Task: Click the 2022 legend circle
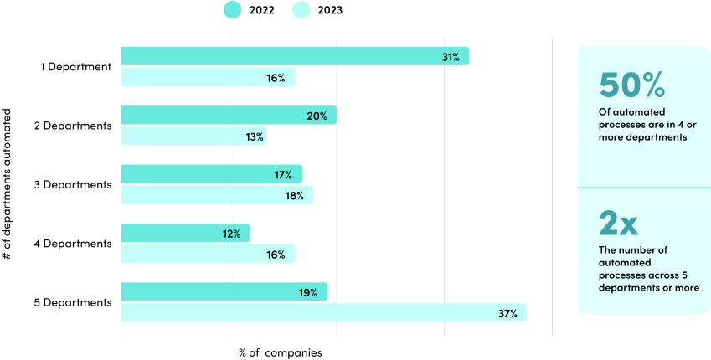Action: [x=232, y=10]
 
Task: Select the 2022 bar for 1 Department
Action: [x=295, y=56]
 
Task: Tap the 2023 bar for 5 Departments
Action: [x=323, y=313]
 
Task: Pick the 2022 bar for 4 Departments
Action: [x=185, y=234]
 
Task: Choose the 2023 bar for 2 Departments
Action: [x=193, y=136]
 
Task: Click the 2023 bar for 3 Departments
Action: [x=217, y=195]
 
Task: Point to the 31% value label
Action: [x=451, y=57]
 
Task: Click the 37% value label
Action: [x=508, y=314]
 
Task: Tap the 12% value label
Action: [x=232, y=234]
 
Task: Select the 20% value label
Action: [x=317, y=116]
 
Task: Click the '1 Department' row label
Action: [x=76, y=67]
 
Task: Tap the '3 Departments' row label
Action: [x=73, y=184]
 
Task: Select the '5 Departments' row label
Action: [x=73, y=302]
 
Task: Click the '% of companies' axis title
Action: [x=275, y=352]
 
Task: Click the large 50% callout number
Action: [x=632, y=85]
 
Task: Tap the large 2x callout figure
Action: [x=619, y=224]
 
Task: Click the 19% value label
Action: [x=307, y=293]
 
